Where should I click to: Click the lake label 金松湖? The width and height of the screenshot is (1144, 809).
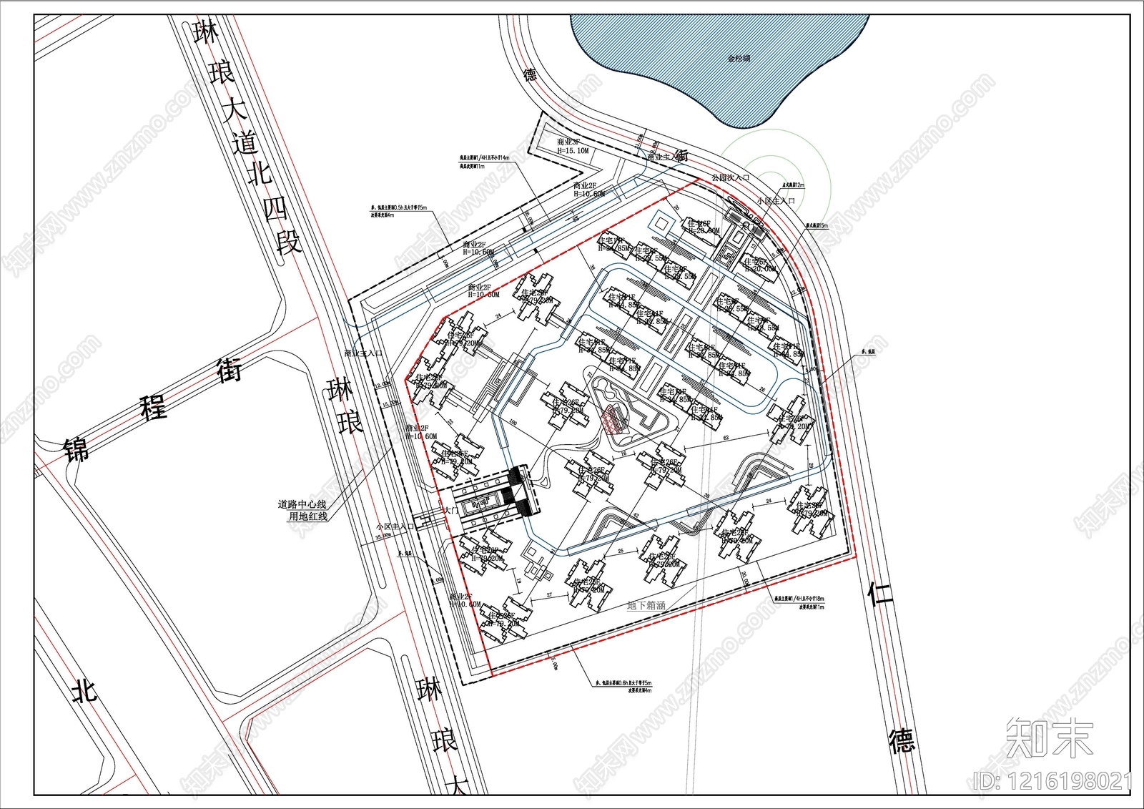pos(739,59)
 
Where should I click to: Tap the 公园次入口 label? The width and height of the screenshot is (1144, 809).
pos(730,177)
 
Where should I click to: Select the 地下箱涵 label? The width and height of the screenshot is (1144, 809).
pos(646,605)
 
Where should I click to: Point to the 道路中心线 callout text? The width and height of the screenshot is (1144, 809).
pos(302,504)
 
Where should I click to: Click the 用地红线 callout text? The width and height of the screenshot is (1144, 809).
pos(307,516)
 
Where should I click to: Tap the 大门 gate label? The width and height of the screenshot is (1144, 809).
pos(450,511)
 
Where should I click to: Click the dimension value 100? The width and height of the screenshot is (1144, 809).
pos(513,423)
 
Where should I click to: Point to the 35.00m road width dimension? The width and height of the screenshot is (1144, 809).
pos(383,534)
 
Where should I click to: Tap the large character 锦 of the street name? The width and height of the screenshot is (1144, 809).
pos(77,448)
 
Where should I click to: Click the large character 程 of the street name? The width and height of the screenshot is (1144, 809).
pos(153,408)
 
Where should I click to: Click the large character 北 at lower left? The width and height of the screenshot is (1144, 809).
pos(84,690)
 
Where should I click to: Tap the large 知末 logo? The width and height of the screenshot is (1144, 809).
pos(1050,737)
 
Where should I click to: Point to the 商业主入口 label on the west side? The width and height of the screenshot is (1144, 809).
pos(363,353)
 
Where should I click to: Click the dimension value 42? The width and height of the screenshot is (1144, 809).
pos(636,514)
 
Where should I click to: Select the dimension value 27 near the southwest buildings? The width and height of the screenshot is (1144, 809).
pos(549,595)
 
